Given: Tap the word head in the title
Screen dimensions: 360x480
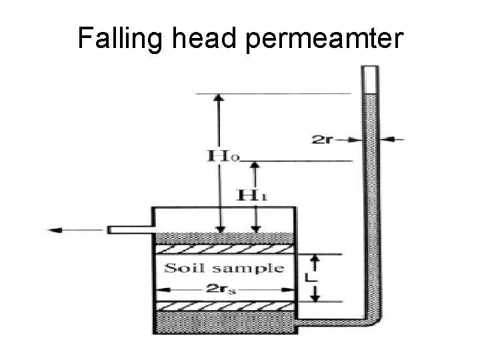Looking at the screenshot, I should (204, 39).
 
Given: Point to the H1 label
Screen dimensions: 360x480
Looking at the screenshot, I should (254, 196).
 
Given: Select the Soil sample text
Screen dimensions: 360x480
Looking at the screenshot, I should (224, 269).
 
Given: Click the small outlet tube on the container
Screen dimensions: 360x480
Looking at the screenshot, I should (130, 230).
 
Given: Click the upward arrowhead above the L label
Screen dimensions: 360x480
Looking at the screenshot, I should (317, 259).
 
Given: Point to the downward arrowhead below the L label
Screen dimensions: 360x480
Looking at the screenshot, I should (317, 296).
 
